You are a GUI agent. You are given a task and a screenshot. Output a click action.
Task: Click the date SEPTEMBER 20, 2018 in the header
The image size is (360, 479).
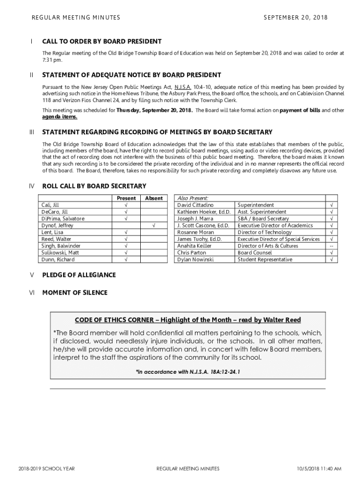coord(295,18)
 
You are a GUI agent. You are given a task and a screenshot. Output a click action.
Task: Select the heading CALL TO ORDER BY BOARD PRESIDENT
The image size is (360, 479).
coord(102,42)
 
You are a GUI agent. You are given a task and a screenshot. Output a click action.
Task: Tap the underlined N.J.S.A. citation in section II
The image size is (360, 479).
coord(182,87)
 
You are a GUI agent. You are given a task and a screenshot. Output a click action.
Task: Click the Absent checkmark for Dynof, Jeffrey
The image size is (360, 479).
coord(153,225)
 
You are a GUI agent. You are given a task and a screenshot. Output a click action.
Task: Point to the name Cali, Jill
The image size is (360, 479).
coord(50,205)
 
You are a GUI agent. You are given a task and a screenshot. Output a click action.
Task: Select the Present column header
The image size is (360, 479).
coord(126,198)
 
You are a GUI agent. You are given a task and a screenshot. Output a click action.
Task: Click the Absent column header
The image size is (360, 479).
coord(153,198)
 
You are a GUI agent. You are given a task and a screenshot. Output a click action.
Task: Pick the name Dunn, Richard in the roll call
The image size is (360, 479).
coord(58,260)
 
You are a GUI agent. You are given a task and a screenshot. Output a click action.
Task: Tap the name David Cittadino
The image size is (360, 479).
coord(195,205)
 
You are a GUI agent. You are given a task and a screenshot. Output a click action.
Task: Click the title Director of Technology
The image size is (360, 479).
coord(265,232)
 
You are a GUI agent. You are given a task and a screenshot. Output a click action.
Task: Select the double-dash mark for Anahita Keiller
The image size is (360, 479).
coord(331,246)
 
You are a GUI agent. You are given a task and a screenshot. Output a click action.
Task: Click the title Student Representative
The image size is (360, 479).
coord(265,260)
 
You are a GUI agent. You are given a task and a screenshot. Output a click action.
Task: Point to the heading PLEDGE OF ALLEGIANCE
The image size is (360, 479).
coord(79,275)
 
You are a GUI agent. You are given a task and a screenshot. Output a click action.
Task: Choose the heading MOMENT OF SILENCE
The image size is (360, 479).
coord(75,293)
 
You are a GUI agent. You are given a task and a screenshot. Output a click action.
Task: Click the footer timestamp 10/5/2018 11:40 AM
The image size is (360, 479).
coord(319,469)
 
